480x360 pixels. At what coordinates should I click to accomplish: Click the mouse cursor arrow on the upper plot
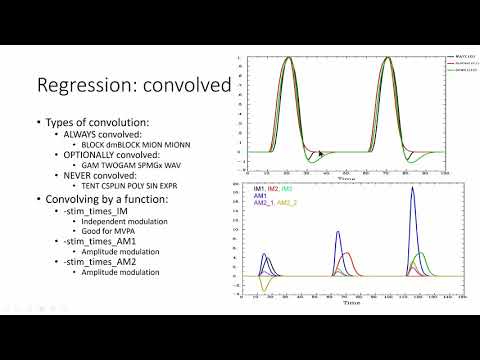(320, 153)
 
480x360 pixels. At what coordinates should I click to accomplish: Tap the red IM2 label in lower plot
(273, 188)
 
